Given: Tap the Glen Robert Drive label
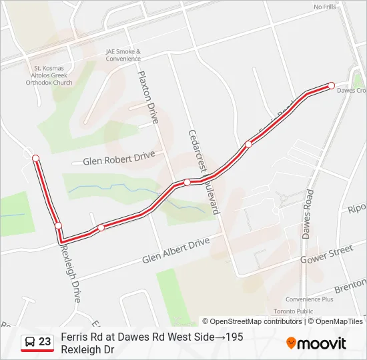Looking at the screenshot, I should tap(118, 158).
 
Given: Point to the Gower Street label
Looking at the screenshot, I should tap(326, 253).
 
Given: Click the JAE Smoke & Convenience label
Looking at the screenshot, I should tap(123, 55).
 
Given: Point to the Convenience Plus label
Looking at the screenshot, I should tap(309, 299).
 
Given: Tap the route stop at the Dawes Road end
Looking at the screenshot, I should tap(331, 85).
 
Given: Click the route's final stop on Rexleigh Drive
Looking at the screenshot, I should tap(35, 158).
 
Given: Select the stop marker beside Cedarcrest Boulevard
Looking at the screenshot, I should tap(188, 182).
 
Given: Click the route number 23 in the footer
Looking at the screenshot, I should tap(45, 342).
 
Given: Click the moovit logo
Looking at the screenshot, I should tap(316, 343).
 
